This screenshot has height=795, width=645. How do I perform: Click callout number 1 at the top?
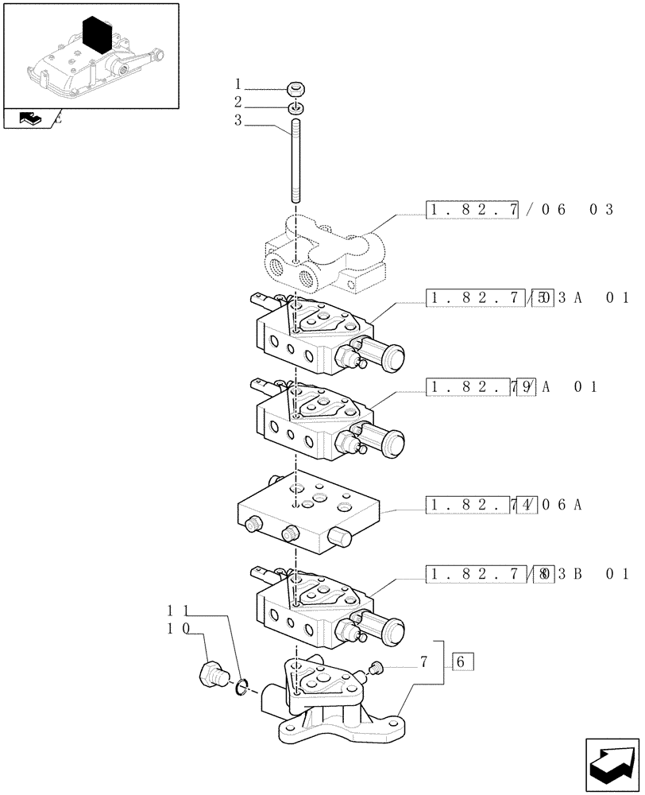(x=238, y=83)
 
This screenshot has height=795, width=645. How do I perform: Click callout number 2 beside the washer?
(x=238, y=102)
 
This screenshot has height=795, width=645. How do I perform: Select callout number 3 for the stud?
(x=238, y=121)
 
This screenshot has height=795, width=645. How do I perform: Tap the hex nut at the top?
(x=295, y=89)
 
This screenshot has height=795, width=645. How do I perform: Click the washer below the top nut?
(x=295, y=107)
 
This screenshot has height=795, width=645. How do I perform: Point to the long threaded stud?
(x=295, y=159)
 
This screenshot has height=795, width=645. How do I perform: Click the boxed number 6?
(x=462, y=661)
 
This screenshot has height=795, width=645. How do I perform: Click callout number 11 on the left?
(x=178, y=611)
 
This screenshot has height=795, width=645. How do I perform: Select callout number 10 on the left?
(x=178, y=628)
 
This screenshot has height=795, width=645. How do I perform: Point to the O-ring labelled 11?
(x=241, y=684)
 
